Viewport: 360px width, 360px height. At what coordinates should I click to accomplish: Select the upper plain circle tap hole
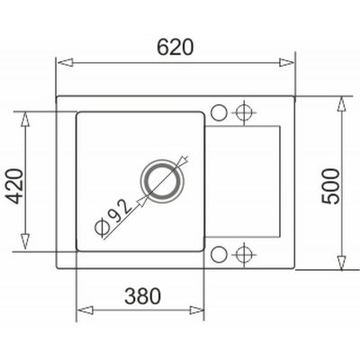pyautogui.click(x=220, y=112)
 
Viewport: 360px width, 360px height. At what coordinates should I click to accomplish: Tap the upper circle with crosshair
pyautogui.click(x=241, y=112)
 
